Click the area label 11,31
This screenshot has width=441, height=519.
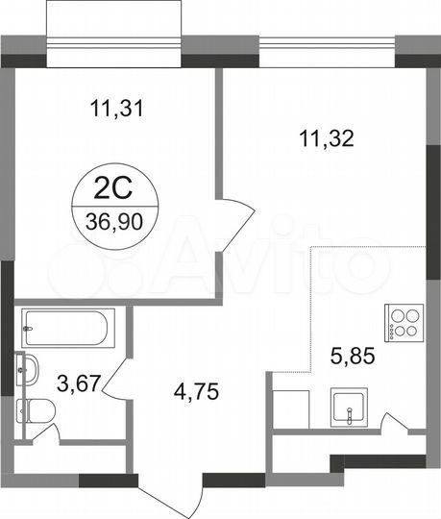pyautogui.click(x=112, y=109)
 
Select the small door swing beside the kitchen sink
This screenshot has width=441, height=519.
pyautogui.click(x=393, y=423)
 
